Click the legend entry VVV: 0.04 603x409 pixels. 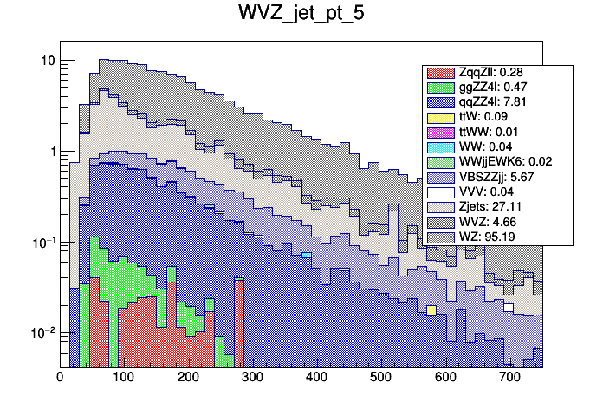click(x=489, y=192)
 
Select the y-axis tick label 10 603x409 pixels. click(x=47, y=61)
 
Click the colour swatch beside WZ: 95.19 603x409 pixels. click(x=441, y=237)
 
